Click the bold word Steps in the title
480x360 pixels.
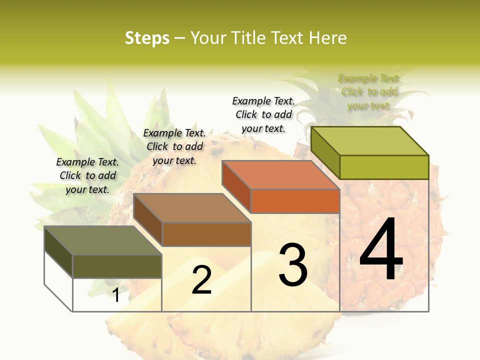coord(147,38)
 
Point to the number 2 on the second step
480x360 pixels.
coord(201,280)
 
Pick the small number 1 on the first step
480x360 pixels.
coord(115,295)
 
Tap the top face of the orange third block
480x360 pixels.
coord(280,174)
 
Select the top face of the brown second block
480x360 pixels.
coord(192,208)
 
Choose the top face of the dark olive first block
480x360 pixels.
coord(103,240)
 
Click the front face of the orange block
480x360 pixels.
coord(295,201)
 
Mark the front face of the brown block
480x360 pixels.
coord(206,234)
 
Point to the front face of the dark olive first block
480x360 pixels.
coord(117,266)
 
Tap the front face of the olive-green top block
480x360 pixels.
coord(384,167)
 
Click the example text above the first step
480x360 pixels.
coord(87,175)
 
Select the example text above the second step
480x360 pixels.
coord(174,146)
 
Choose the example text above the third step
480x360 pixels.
coord(263,114)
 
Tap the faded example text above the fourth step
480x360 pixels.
coord(369,92)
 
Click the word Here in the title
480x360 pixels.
coord(328,38)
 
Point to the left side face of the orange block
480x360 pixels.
coord(236,186)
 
